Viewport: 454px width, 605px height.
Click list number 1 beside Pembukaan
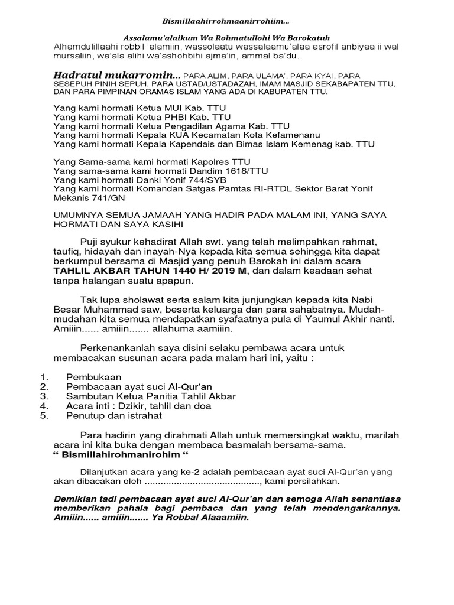coord(44,376)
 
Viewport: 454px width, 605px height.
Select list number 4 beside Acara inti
coord(44,406)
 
